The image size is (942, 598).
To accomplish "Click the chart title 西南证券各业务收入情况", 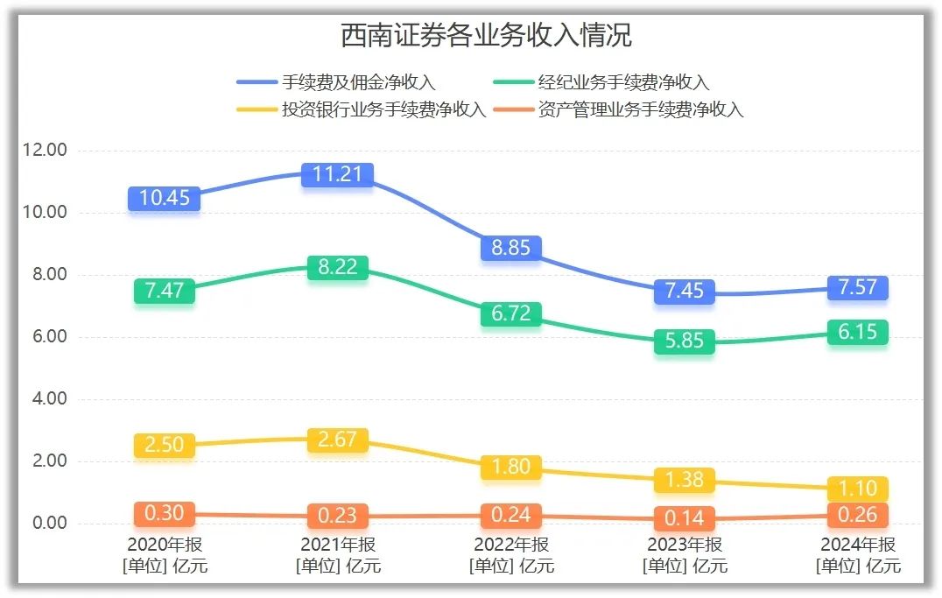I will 486,36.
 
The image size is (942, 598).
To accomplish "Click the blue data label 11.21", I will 337,174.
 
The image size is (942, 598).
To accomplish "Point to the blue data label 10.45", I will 165,198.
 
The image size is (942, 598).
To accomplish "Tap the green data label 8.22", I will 337,268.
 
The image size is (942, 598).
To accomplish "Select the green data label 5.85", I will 684,341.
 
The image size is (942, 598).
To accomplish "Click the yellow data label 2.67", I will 337,440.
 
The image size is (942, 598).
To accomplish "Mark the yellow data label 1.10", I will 857,489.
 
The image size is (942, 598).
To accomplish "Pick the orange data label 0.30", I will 165,513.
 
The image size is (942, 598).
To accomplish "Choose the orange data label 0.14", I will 684,518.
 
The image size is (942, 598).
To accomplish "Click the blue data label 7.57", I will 857,288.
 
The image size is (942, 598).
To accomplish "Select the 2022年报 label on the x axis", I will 511,545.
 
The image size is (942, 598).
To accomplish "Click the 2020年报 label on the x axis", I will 165,545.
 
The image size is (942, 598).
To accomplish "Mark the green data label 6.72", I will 511,314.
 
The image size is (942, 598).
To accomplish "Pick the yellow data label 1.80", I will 511,467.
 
